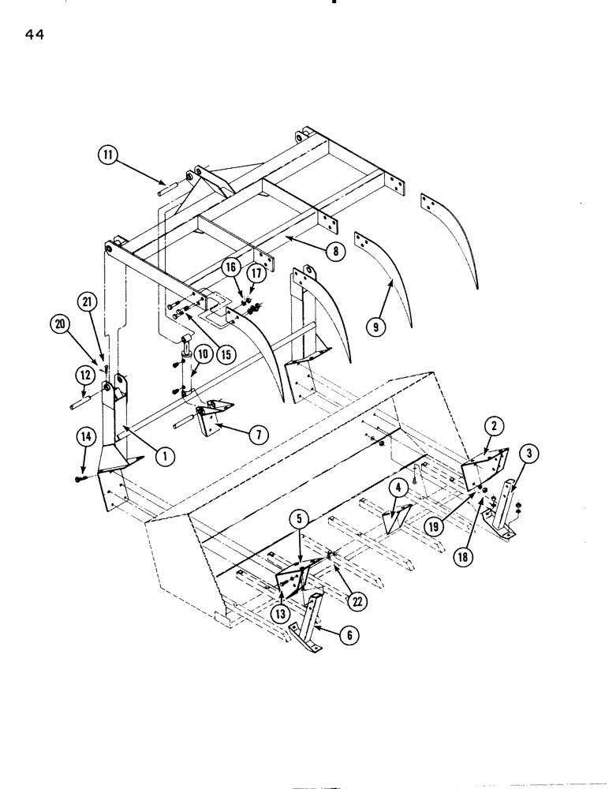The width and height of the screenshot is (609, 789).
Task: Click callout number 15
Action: (x=226, y=353)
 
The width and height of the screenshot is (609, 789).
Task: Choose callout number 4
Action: (x=399, y=489)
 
